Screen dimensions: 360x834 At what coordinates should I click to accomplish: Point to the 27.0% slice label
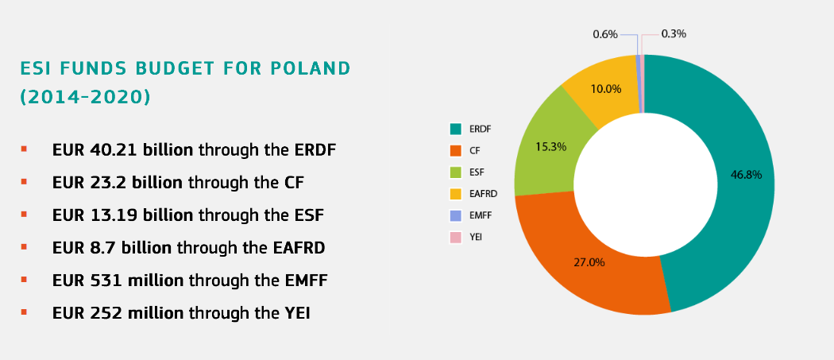click(x=589, y=262)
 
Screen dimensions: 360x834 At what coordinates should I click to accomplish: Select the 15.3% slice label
click(x=550, y=146)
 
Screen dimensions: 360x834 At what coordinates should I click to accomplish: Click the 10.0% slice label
click(x=606, y=89)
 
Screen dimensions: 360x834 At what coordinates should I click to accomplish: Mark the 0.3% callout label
click(x=674, y=34)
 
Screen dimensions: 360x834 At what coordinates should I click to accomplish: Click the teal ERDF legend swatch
click(x=456, y=128)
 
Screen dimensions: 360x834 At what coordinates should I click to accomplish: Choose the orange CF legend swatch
click(x=456, y=149)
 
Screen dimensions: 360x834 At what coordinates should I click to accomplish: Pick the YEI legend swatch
click(x=456, y=237)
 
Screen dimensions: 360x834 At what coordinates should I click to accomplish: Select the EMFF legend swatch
click(x=456, y=215)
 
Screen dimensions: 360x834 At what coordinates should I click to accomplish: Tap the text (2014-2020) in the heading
click(x=85, y=97)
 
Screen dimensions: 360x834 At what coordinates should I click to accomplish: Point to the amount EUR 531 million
click(x=118, y=280)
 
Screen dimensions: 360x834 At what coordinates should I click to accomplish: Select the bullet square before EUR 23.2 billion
click(x=25, y=182)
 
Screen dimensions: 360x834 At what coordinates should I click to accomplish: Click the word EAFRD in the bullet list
click(x=293, y=247)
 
